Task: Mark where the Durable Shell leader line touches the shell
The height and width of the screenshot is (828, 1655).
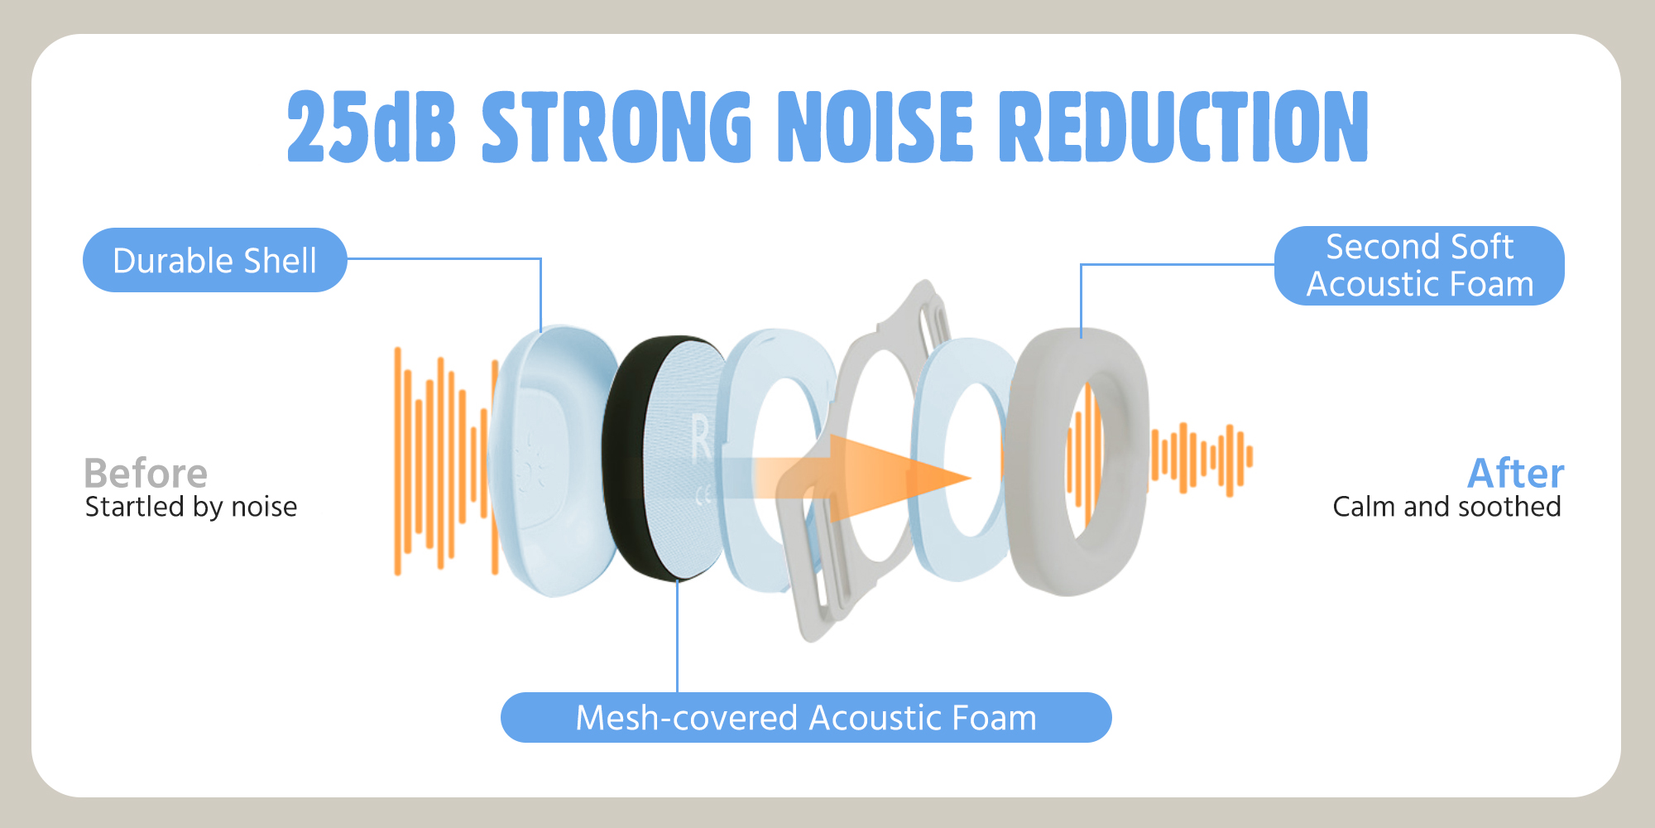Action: (540, 332)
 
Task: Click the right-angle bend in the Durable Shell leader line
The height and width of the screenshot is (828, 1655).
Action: (540, 259)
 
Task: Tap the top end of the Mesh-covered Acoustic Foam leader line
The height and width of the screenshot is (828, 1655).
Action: (677, 581)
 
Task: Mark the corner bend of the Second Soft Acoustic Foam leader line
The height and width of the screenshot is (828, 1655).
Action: (1082, 265)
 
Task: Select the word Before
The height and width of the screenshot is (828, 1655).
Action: (146, 474)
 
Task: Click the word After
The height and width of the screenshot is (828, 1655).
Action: (1515, 474)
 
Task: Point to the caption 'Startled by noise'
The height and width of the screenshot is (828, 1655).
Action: (191, 507)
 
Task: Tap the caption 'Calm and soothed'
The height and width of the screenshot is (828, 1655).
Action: (1446, 507)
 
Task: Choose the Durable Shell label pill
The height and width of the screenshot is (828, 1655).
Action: (215, 260)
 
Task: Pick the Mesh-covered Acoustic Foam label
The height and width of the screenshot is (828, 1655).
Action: (806, 718)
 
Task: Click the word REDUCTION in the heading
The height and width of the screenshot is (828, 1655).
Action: (1183, 126)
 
